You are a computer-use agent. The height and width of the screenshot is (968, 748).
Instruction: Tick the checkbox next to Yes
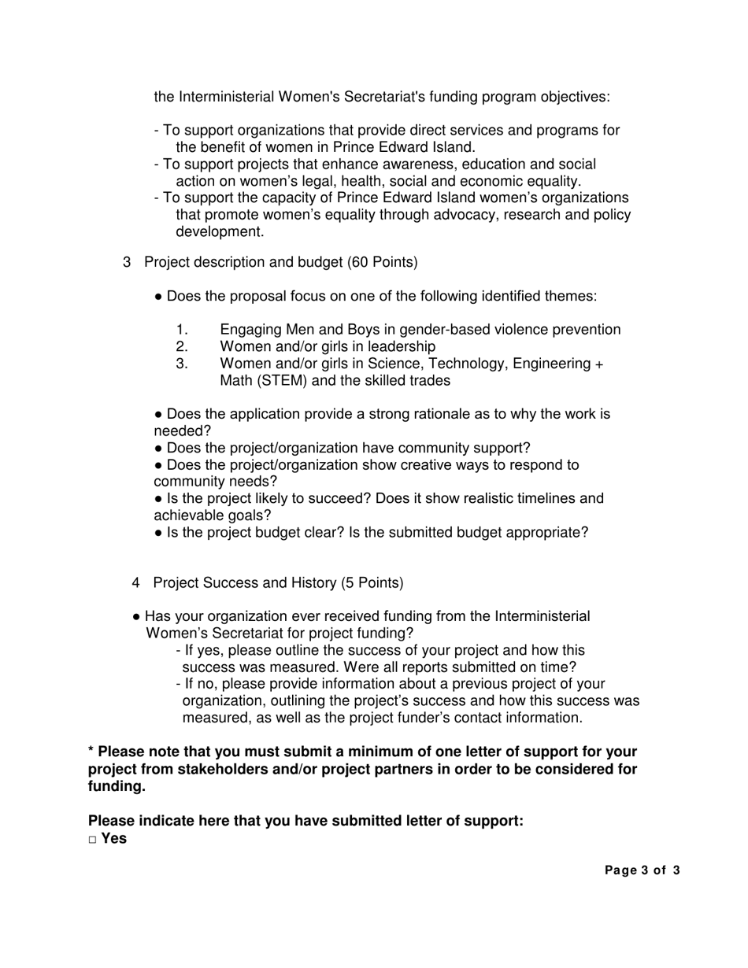point(92,840)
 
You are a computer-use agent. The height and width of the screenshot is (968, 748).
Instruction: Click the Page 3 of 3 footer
point(642,870)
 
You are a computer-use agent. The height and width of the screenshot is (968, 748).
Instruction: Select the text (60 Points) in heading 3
point(382,262)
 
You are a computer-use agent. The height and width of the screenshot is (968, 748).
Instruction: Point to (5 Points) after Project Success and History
point(372,583)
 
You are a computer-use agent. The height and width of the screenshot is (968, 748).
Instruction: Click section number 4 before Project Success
point(137,583)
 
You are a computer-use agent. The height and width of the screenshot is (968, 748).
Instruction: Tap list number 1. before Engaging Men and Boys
point(182,330)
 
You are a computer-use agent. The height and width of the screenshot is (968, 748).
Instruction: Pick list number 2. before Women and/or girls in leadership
point(182,347)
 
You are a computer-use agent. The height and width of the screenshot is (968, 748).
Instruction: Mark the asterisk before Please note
point(91,752)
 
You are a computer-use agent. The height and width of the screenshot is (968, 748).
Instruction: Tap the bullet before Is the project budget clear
point(159,533)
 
